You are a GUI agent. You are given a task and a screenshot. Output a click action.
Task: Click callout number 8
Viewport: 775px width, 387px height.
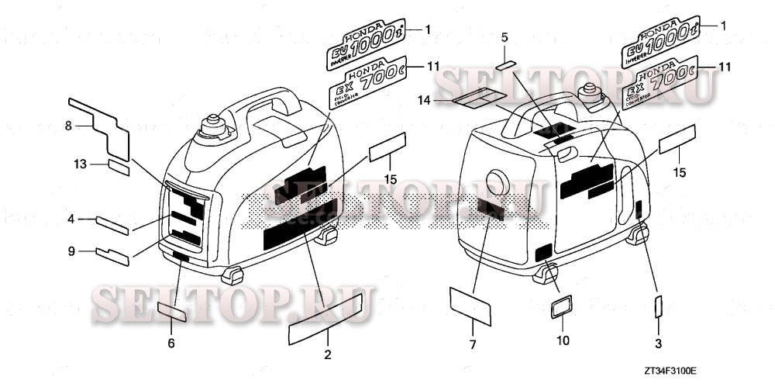pos(67,124)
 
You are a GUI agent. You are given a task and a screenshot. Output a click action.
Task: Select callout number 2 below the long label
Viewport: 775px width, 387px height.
pos(327,355)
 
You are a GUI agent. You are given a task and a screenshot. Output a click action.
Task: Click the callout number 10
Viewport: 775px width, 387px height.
pos(563,339)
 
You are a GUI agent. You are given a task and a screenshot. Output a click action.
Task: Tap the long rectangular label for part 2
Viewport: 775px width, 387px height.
pos(326,318)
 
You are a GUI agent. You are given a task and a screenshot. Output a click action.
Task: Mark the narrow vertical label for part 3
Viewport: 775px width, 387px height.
pos(658,307)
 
